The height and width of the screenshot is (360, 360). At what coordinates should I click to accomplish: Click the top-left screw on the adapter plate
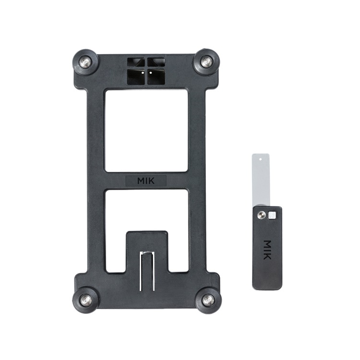[85, 62]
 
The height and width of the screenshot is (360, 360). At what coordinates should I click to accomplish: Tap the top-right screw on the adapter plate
[206, 62]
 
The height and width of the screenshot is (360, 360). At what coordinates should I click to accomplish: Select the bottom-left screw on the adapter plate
[86, 300]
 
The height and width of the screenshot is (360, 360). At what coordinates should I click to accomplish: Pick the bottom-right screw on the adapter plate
[208, 300]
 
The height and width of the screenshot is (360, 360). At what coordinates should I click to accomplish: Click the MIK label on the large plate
[146, 181]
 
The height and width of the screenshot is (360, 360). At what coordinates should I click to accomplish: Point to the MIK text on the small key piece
[267, 250]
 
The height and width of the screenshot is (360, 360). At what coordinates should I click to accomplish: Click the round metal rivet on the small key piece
[261, 215]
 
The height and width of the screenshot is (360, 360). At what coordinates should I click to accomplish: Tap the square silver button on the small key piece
[272, 215]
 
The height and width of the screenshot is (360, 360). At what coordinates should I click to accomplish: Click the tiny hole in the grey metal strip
[260, 159]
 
